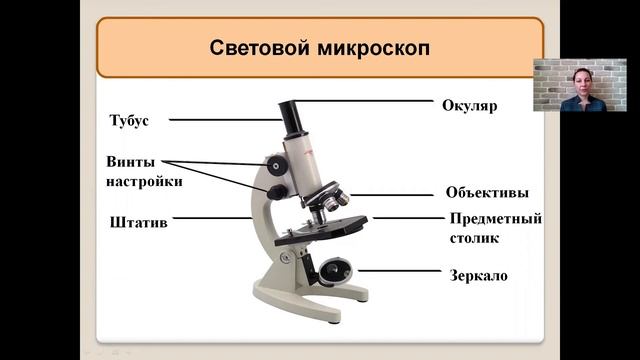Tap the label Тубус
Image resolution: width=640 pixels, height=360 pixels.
[x=129, y=120]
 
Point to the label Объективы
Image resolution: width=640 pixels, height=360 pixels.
[x=487, y=193]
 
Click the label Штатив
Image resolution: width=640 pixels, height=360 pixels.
[x=132, y=222]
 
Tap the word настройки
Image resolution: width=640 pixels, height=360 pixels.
[x=144, y=181]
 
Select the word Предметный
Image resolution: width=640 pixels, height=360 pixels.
[x=496, y=219]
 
